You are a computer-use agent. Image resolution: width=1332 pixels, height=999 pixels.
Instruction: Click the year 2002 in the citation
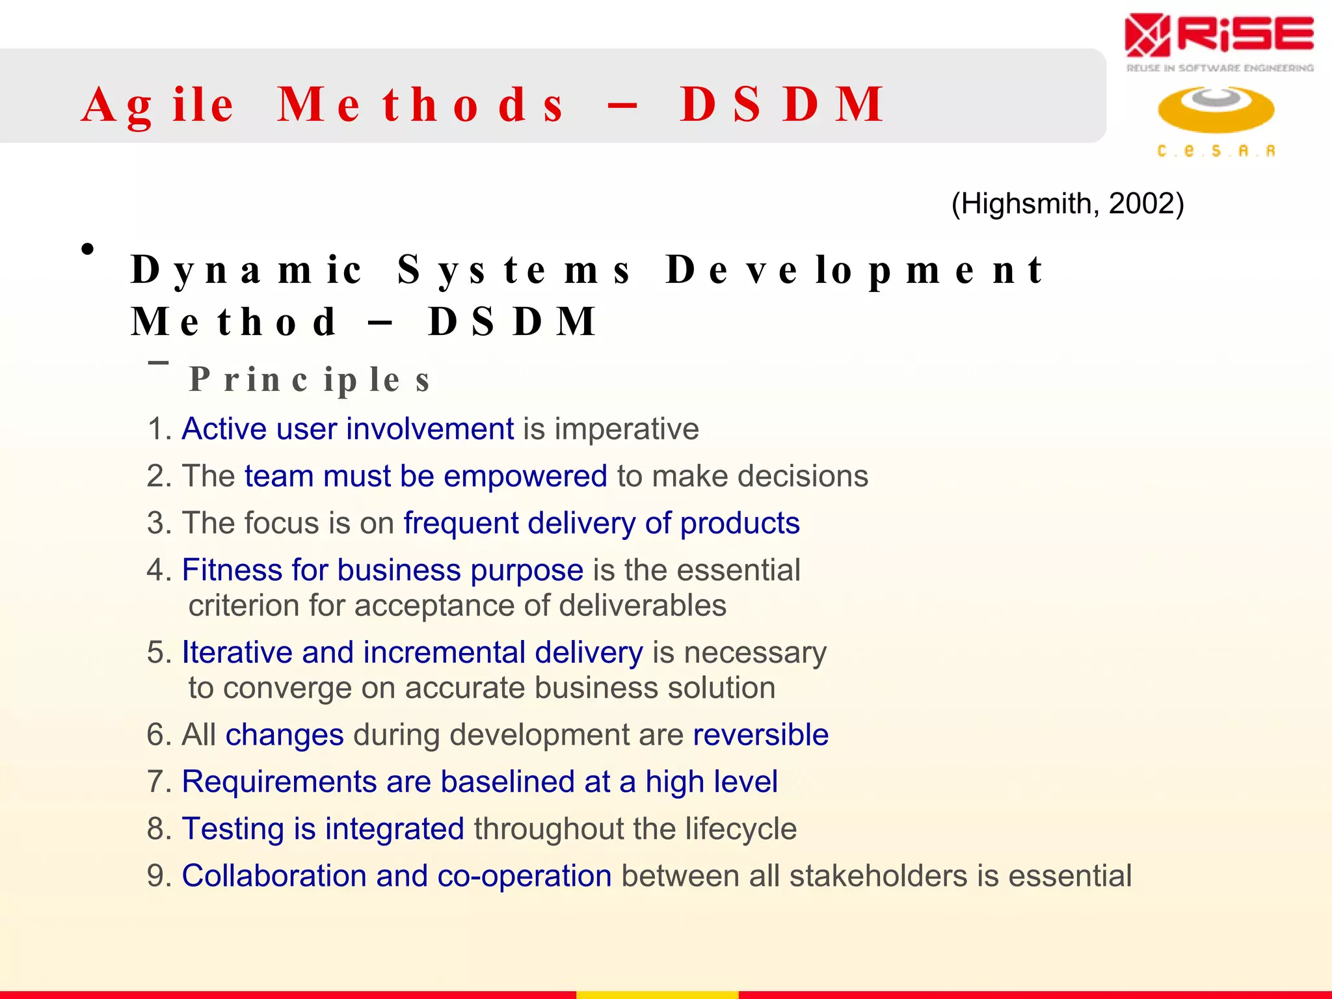pyautogui.click(x=1141, y=204)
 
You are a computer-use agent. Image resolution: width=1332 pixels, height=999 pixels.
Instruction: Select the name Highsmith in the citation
pyautogui.click(x=1025, y=204)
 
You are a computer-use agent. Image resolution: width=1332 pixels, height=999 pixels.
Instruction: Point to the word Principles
pyautogui.click(x=310, y=380)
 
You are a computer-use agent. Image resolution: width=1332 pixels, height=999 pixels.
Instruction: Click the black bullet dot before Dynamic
pyautogui.click(x=88, y=249)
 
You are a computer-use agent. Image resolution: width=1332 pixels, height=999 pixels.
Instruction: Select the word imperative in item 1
pyautogui.click(x=626, y=429)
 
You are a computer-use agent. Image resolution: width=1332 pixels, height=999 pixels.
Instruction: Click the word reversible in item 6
pyautogui.click(x=760, y=735)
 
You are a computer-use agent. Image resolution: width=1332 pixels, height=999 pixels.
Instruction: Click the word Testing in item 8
pyautogui.click(x=232, y=829)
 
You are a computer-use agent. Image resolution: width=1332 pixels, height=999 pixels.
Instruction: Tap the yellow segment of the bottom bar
pyautogui.click(x=657, y=994)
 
